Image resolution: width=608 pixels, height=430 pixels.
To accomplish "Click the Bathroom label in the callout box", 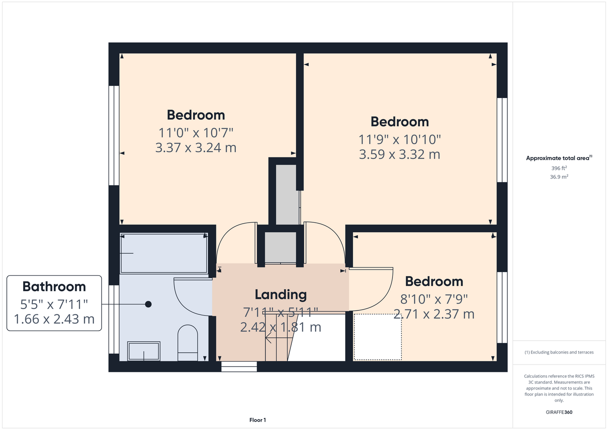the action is tap(54, 286).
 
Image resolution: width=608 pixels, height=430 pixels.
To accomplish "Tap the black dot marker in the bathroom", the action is tap(148, 304).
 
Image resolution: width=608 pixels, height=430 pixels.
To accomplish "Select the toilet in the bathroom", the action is tap(188, 343).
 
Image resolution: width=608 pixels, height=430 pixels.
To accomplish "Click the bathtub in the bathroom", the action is tap(164, 253).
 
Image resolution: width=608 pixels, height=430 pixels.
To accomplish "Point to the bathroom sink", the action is tap(144, 351).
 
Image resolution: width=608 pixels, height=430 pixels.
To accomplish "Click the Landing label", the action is tap(281, 295).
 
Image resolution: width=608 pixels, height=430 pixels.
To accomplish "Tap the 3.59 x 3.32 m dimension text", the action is tap(400, 154).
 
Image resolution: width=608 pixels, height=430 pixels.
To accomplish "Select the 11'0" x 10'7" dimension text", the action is tap(196, 133).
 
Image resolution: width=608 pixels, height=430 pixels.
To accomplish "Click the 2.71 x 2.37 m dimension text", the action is tap(434, 314).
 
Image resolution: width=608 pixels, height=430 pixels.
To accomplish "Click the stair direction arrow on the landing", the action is tap(278, 338).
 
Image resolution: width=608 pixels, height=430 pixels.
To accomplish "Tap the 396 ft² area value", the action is tap(559, 168).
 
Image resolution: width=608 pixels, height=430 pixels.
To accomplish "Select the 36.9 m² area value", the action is tap(559, 177).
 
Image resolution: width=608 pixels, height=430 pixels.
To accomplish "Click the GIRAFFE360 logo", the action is tap(559, 412).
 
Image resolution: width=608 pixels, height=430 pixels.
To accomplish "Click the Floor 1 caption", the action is tap(258, 420).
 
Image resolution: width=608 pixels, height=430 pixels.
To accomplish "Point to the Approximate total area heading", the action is tap(559, 158).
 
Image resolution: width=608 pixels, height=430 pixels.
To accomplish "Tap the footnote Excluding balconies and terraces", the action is tap(559, 352).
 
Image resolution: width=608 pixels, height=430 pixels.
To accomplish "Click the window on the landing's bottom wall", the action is tap(239, 366).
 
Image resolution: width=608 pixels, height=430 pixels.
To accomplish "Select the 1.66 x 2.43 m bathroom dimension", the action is tap(54, 319).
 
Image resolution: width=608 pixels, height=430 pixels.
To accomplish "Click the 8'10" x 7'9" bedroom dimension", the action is tap(434, 299).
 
